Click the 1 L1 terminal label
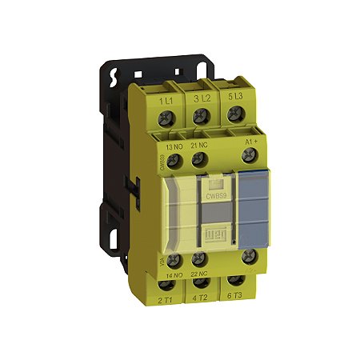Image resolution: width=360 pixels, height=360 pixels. pyautogui.click(x=167, y=100)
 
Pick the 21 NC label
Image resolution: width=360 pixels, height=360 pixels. pyautogui.click(x=200, y=146)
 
